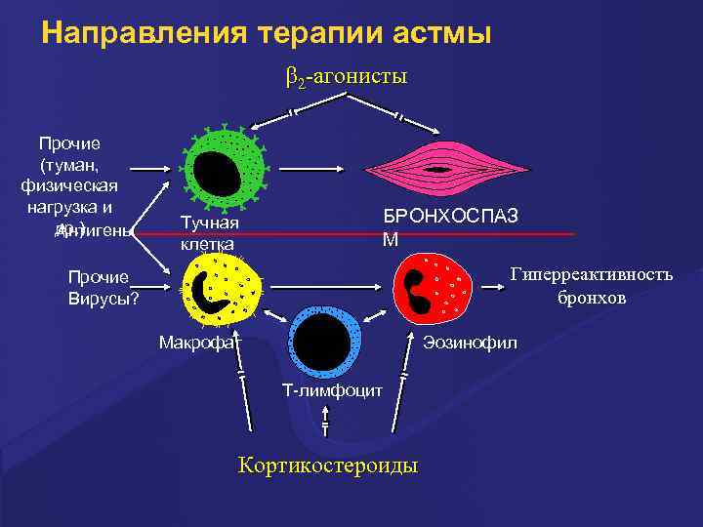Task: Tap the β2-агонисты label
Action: [346, 76]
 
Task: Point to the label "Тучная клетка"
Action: [209, 233]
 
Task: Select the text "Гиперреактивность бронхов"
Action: [591, 285]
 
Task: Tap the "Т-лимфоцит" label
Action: [325, 390]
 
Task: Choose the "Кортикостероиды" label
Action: [328, 465]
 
